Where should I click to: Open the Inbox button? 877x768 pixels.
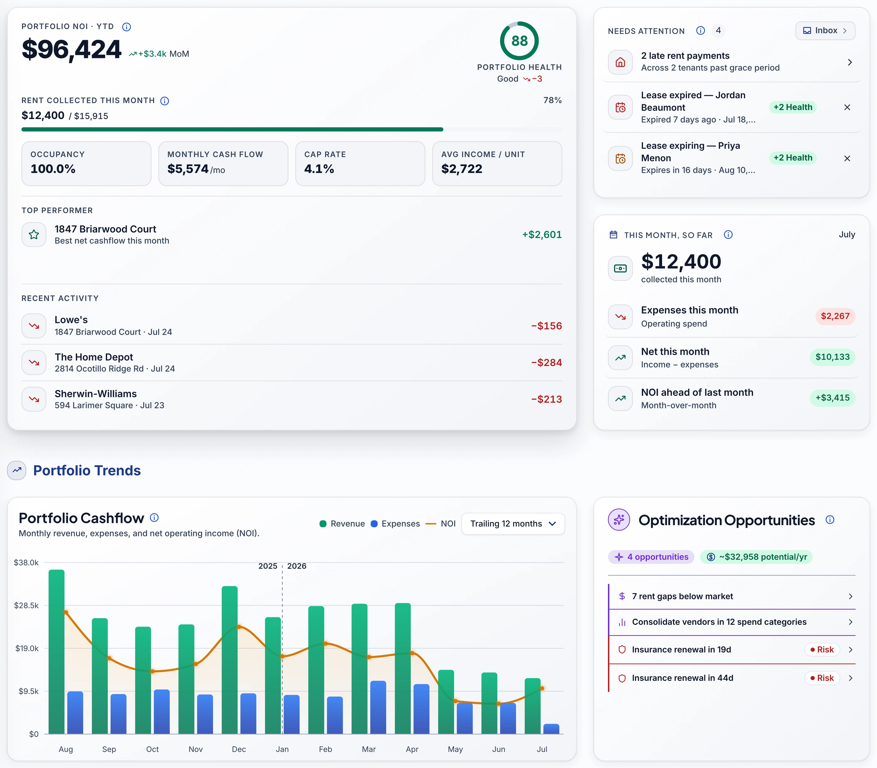[x=825, y=30]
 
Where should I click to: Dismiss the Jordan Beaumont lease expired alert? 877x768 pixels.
[x=847, y=107]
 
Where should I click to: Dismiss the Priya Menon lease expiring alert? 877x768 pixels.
[x=847, y=158]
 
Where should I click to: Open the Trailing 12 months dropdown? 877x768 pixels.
[x=513, y=524]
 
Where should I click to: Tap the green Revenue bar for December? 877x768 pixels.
[x=230, y=660]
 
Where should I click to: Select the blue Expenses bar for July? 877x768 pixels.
[x=551, y=729]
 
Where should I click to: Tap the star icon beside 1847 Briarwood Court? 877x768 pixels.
[x=34, y=234]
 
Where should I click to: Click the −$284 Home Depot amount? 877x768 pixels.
[x=546, y=363]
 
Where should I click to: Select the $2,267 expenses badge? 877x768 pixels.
[x=835, y=316]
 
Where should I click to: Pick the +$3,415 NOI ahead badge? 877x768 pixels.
[x=832, y=398]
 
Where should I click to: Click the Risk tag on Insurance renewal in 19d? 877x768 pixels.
[x=822, y=650]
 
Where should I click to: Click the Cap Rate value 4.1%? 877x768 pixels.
[x=319, y=169]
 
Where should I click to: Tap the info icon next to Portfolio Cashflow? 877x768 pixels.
[x=154, y=518]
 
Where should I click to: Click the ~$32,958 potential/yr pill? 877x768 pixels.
[x=756, y=557]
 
